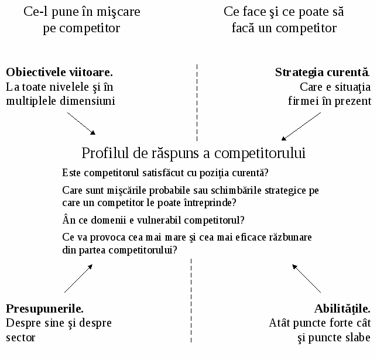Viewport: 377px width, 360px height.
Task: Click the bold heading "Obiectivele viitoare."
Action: click(x=59, y=72)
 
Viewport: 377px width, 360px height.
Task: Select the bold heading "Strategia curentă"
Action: click(x=322, y=73)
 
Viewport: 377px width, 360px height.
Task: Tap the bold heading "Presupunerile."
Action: click(x=44, y=309)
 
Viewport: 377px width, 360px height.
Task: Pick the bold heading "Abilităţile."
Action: click(x=342, y=309)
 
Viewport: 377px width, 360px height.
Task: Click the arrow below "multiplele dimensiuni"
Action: click(x=81, y=124)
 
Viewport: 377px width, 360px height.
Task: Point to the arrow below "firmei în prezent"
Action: click(x=301, y=126)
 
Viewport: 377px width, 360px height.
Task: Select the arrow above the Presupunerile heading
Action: click(x=78, y=279)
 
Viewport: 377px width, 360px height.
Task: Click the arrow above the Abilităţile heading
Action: click(x=306, y=279)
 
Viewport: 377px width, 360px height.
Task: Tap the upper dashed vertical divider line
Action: click(x=197, y=102)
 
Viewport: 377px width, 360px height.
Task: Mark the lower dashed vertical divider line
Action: click(x=191, y=301)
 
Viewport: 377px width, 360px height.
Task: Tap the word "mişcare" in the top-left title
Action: click(x=118, y=12)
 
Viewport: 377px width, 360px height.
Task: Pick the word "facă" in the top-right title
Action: click(x=243, y=28)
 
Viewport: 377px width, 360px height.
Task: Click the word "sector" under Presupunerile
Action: click(x=20, y=338)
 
